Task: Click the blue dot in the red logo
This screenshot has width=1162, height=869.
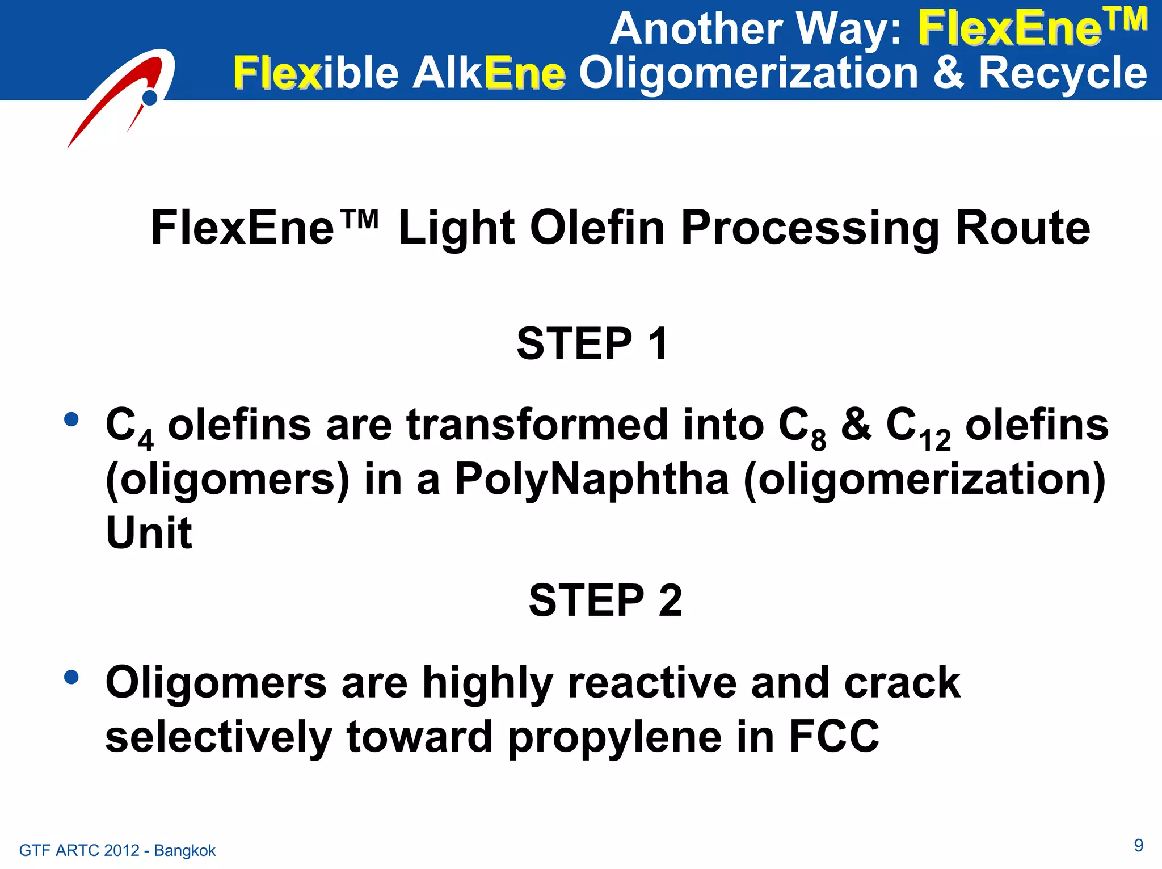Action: [150, 98]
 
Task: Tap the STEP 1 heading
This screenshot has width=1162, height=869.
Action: [592, 344]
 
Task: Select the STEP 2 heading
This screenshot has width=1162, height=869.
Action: [605, 601]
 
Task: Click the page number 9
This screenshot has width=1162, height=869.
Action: [1138, 845]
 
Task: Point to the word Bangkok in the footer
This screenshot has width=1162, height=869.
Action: [184, 850]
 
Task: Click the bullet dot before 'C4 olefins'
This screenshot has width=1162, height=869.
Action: [71, 419]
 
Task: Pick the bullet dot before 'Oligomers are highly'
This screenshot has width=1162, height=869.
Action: [71, 677]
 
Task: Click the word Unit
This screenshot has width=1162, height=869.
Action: [149, 533]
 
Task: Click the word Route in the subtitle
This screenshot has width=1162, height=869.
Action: [1022, 228]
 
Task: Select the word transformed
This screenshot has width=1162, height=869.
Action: [537, 425]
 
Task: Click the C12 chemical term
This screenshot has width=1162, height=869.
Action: [918, 429]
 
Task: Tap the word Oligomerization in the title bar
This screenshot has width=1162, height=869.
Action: [748, 74]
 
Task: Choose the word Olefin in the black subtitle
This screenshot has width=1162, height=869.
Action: [597, 228]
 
